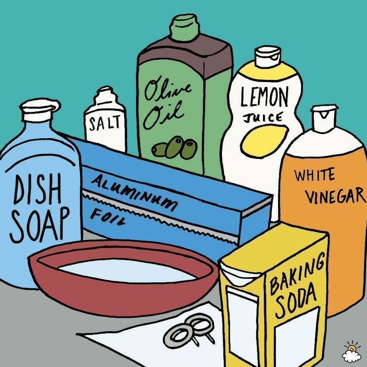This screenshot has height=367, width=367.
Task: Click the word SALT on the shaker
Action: [x=104, y=123]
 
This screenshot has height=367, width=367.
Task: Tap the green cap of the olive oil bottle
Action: [x=185, y=27]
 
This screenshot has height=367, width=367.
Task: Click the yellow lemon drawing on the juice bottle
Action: [x=265, y=141]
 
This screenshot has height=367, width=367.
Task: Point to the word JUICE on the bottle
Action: [x=263, y=118]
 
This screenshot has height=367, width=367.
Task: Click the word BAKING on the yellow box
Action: [x=297, y=273]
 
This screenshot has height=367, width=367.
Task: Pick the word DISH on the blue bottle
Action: [x=38, y=189]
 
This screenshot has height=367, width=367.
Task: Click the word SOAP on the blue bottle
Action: [x=39, y=225]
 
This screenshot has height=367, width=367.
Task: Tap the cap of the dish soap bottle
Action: [x=40, y=110]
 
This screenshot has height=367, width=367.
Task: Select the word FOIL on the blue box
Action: [x=108, y=217]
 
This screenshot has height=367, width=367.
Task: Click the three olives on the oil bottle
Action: [x=174, y=148]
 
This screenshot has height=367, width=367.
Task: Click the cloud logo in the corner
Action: [x=351, y=352]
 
